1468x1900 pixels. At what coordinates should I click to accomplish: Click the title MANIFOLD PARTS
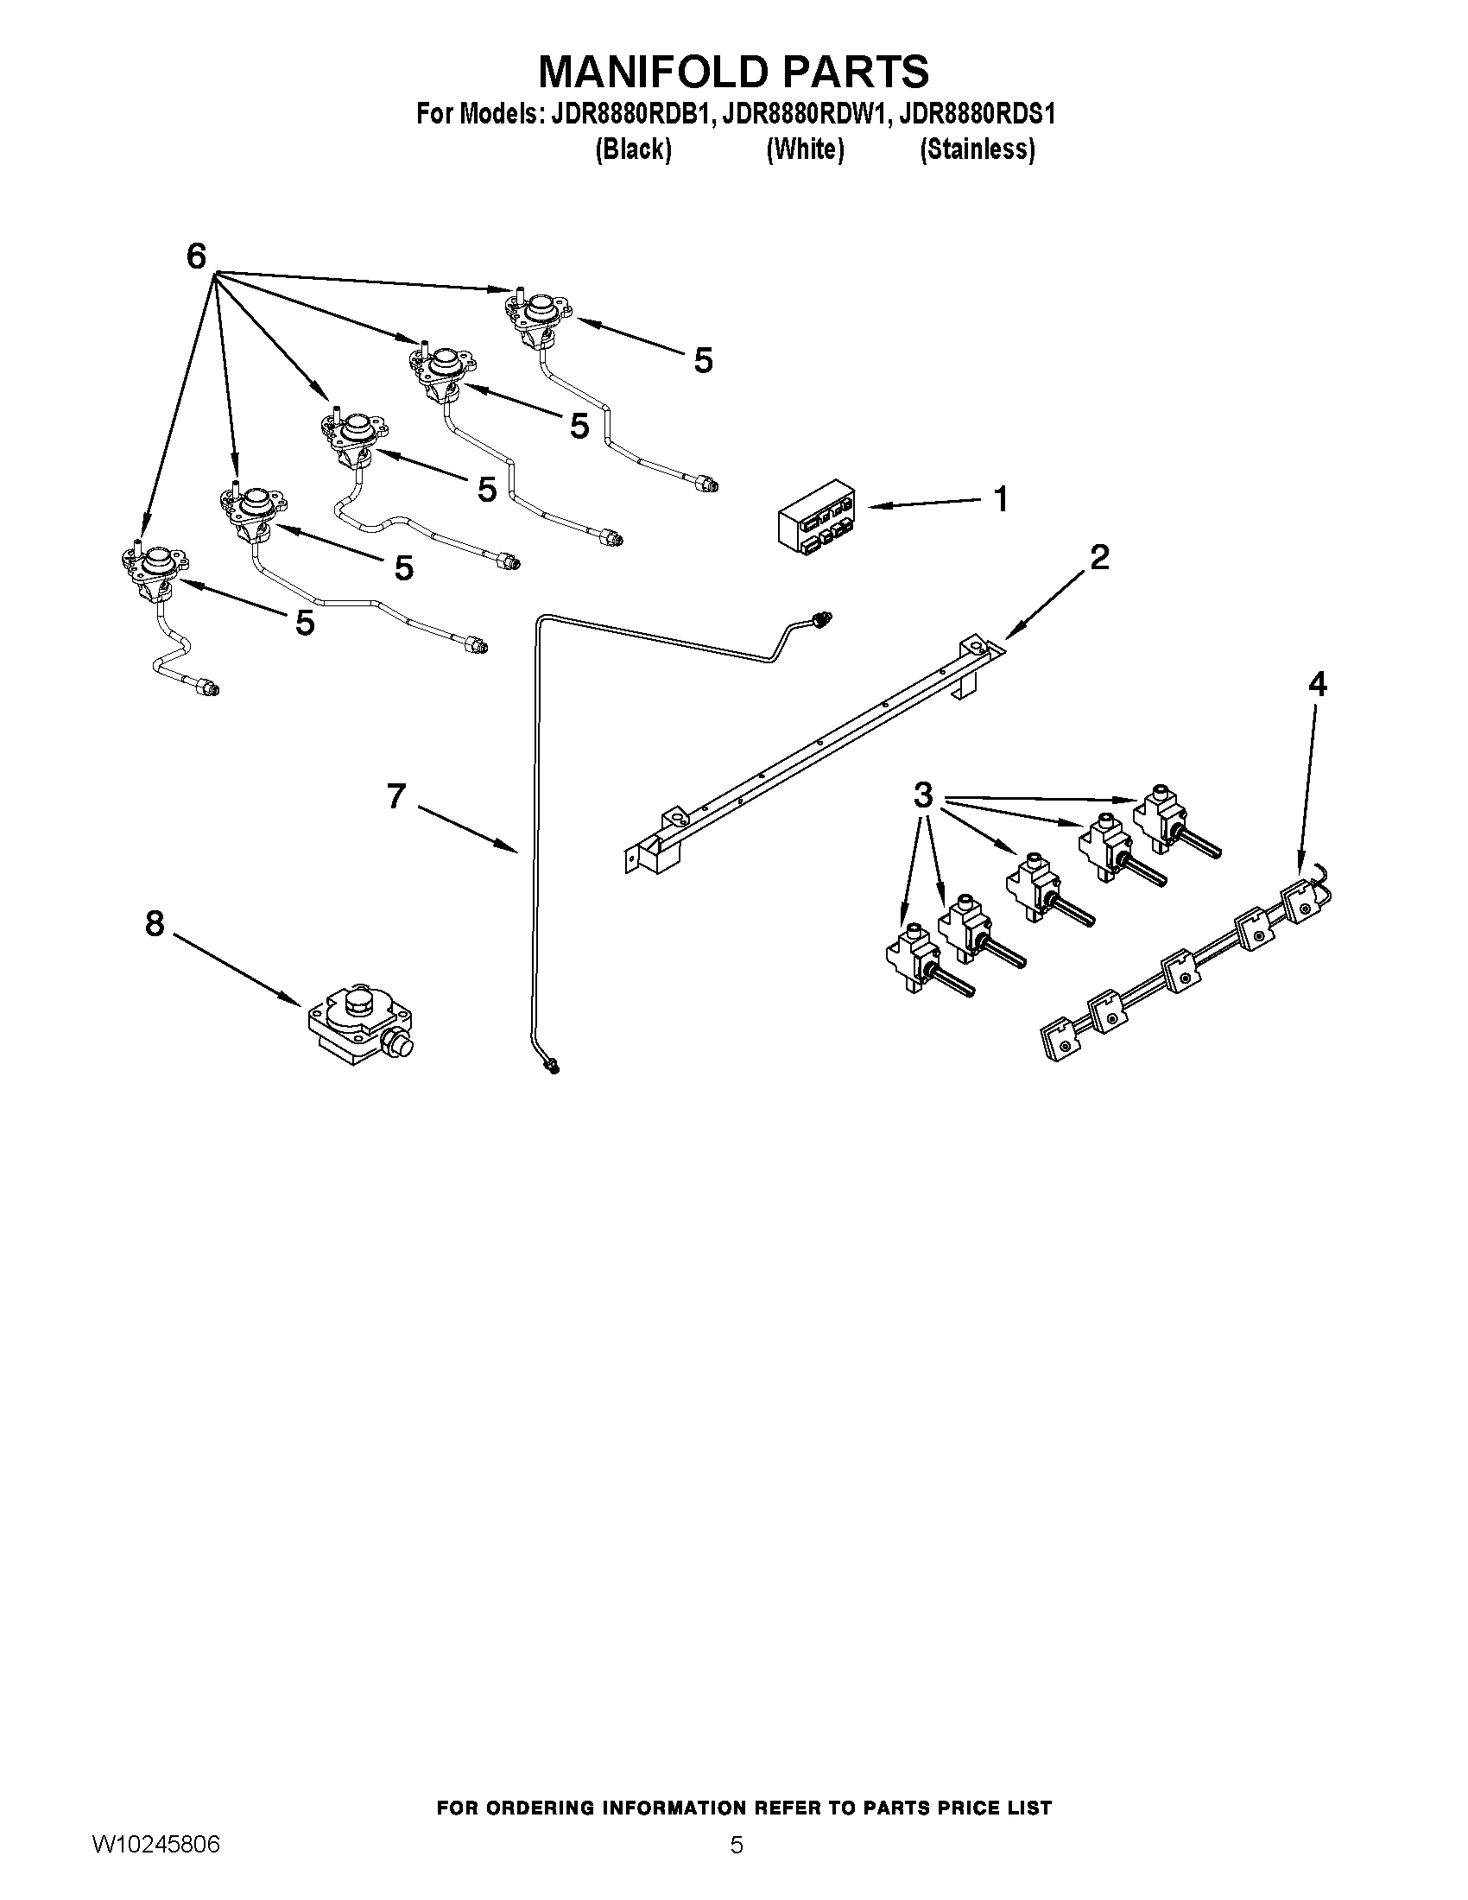pos(733,72)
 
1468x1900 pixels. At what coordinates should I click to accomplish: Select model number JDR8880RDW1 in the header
pos(800,114)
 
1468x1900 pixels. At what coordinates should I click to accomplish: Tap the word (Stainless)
pos(978,149)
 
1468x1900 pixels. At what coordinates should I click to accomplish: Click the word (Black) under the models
pos(633,149)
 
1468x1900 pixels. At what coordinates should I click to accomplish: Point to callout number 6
pos(198,256)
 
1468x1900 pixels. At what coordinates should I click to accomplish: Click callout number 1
pos(1001,499)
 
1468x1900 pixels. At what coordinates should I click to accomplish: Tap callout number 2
pos(1099,557)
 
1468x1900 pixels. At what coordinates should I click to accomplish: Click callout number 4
pos(1318,685)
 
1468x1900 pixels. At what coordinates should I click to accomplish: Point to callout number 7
pos(396,795)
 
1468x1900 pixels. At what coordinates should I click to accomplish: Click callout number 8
pos(155,924)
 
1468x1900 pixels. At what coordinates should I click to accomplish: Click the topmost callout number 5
pos(704,360)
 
